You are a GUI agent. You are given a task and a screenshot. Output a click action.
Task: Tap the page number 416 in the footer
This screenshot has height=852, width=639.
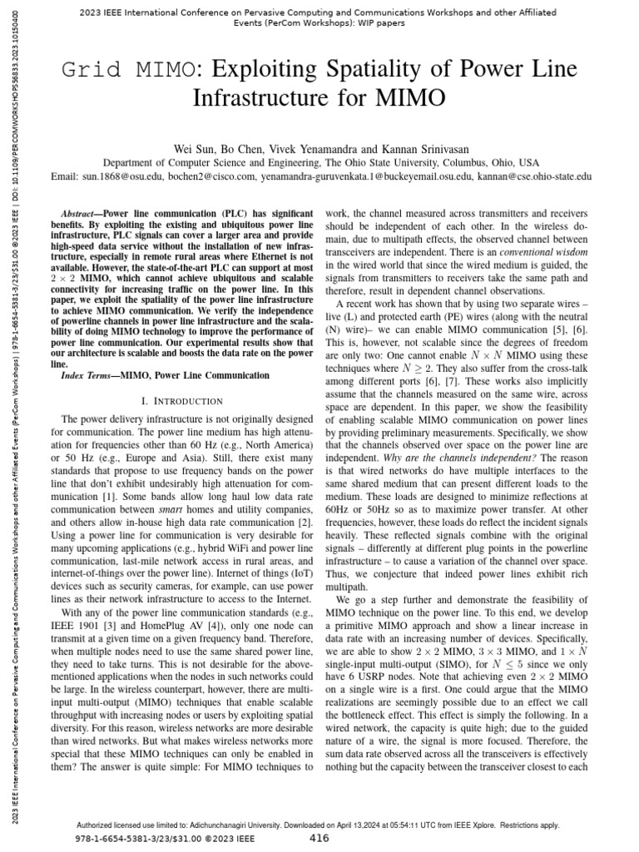[319, 839]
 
